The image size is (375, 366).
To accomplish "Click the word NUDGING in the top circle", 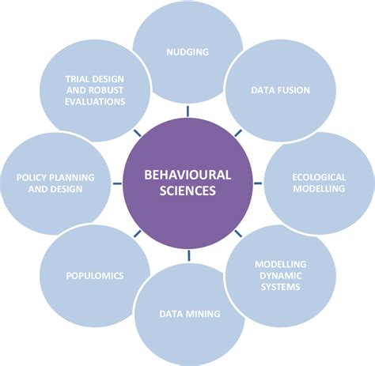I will point(187,52).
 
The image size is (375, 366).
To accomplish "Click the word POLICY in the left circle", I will point(32,177).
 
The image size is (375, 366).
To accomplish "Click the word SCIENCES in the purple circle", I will point(188,191).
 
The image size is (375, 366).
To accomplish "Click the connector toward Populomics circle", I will point(138,235).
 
